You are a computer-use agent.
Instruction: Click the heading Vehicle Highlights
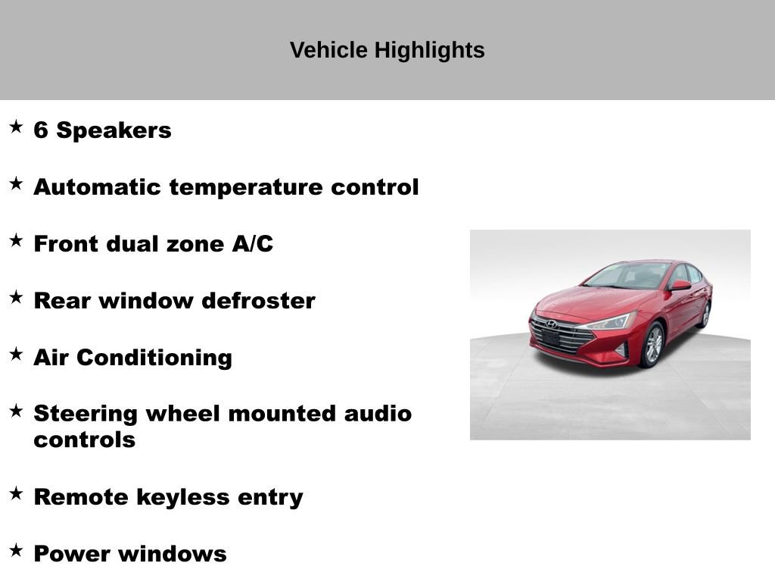[387, 51]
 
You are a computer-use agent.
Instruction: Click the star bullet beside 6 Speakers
[16, 127]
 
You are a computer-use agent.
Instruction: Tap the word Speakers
[114, 130]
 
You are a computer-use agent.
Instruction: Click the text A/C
[251, 244]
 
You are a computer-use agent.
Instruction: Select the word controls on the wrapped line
[84, 440]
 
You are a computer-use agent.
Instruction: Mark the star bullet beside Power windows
[16, 550]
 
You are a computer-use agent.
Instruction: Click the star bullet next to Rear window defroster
[16, 297]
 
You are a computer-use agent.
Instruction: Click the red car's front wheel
[652, 345]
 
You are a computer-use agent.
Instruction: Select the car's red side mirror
[679, 286]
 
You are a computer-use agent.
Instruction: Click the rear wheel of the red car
[705, 314]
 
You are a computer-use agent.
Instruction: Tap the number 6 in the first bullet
[41, 130]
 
